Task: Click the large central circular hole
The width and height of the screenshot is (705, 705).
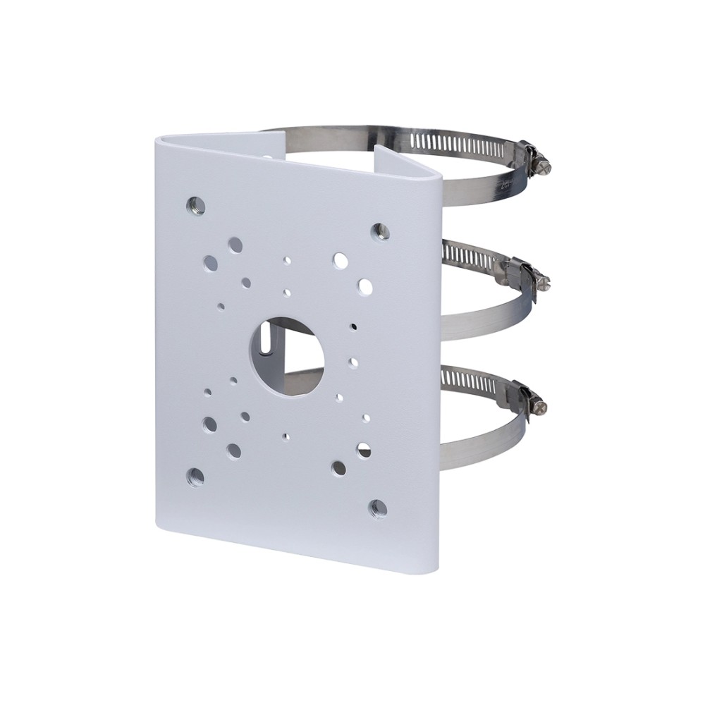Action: point(286,348)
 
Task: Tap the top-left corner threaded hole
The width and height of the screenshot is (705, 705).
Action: point(196,205)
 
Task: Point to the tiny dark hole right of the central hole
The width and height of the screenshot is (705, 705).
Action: point(352,327)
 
